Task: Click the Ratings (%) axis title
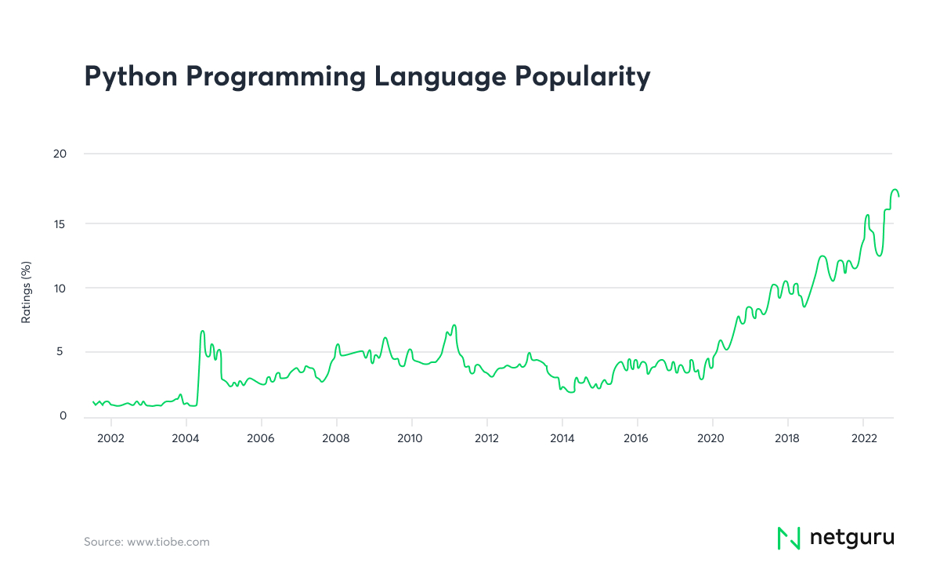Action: click(x=25, y=292)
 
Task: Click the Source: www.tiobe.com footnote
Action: click(x=146, y=542)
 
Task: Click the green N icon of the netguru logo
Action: click(x=788, y=538)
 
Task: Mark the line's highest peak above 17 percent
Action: click(x=895, y=190)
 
